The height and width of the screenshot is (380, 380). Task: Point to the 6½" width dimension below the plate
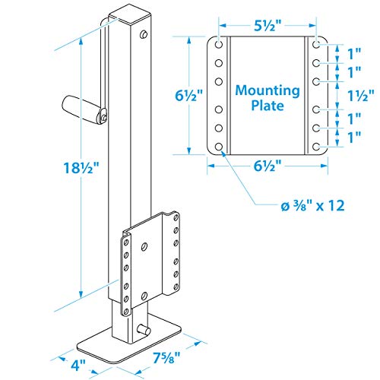point(267,164)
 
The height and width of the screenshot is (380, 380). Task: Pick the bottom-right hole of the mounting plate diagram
point(315,147)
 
